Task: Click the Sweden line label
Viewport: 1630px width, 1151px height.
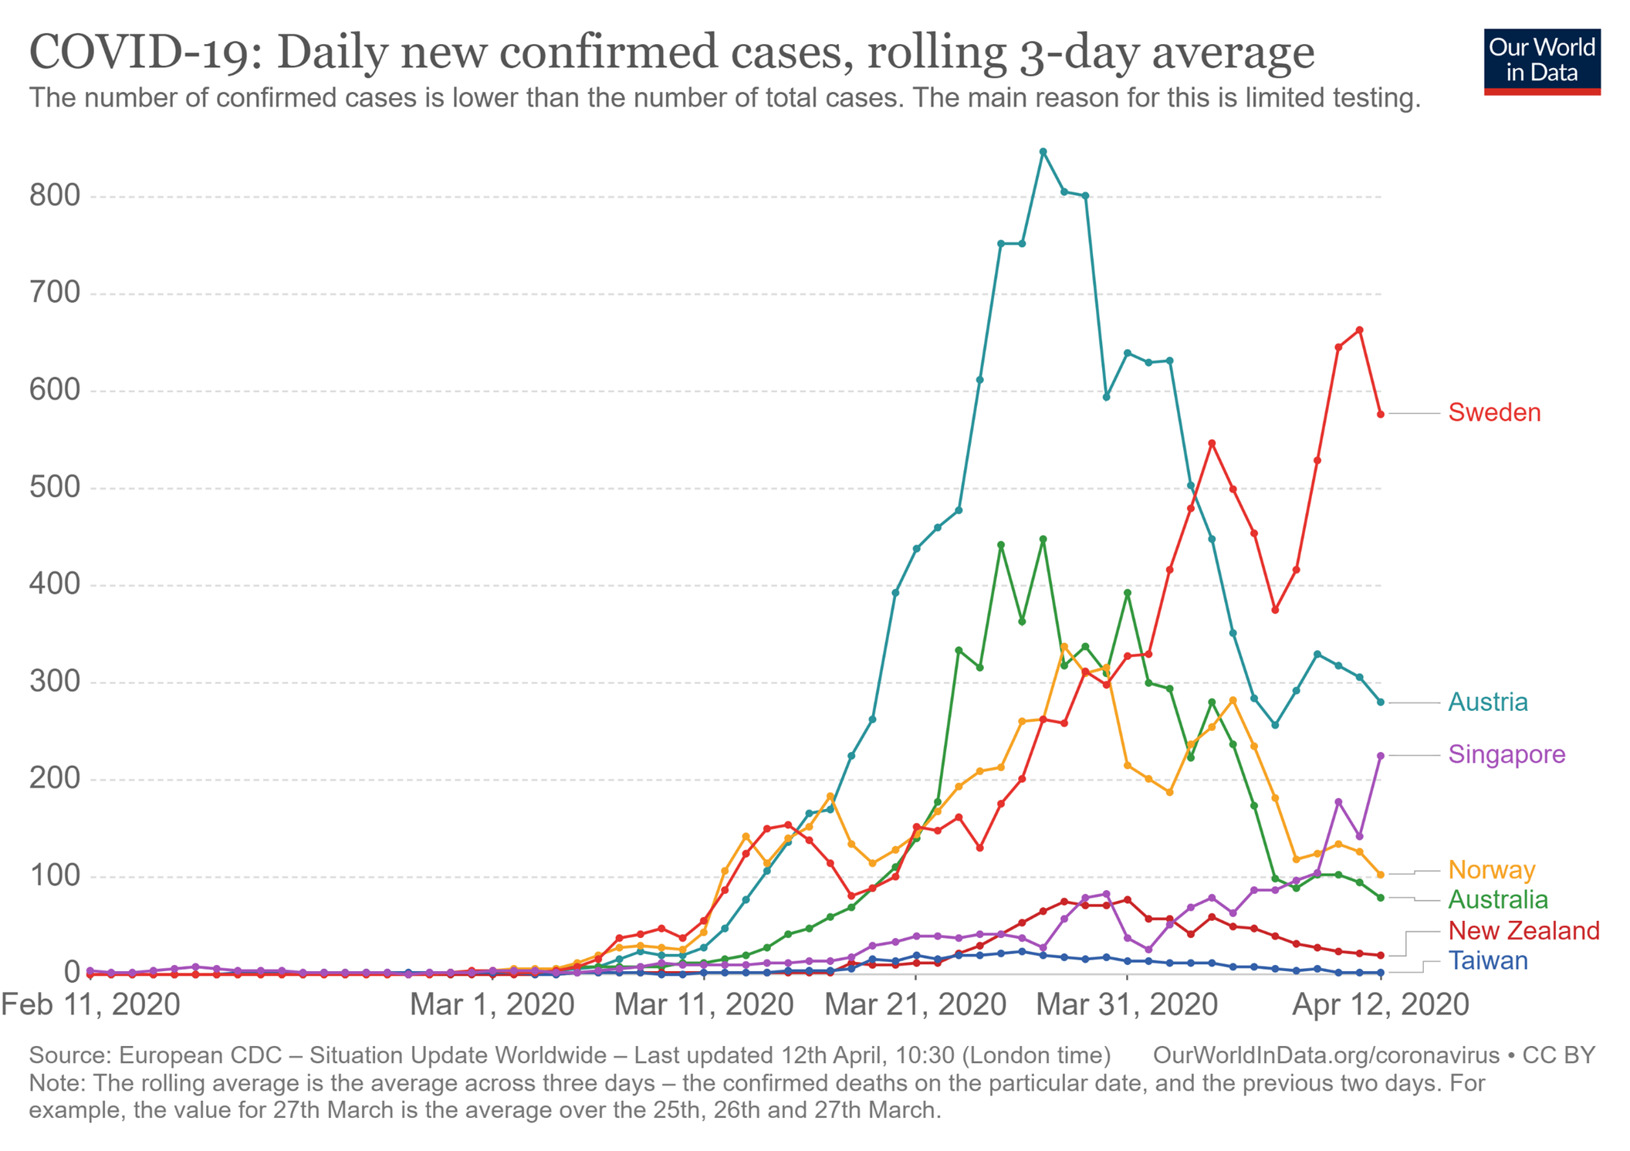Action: pos(1493,413)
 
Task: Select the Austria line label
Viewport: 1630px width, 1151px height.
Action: pos(1487,702)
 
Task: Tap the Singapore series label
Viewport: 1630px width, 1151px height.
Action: pos(1506,754)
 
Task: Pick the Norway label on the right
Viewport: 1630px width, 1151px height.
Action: pos(1491,870)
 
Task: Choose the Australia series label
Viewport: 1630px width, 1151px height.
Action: pos(1497,900)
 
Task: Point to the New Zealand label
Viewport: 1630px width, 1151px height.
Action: pos(1523,931)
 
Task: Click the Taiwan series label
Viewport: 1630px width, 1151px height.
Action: pos(1487,961)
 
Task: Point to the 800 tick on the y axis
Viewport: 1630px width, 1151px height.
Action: pos(55,196)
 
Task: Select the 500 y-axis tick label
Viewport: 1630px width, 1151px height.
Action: pos(55,488)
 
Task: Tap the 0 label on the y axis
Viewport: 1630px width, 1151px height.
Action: pos(72,973)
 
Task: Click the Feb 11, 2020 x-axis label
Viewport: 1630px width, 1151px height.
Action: pos(91,1005)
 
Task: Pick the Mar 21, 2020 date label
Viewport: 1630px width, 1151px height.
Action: pos(915,1005)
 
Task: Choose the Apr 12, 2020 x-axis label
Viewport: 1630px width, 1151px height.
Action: pos(1380,1005)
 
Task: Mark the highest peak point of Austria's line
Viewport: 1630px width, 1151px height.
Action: pos(1043,152)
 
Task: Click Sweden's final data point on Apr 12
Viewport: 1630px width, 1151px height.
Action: pos(1381,415)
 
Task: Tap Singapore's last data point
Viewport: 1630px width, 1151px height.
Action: pos(1381,756)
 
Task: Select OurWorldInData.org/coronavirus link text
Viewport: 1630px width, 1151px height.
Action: pos(1325,1056)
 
